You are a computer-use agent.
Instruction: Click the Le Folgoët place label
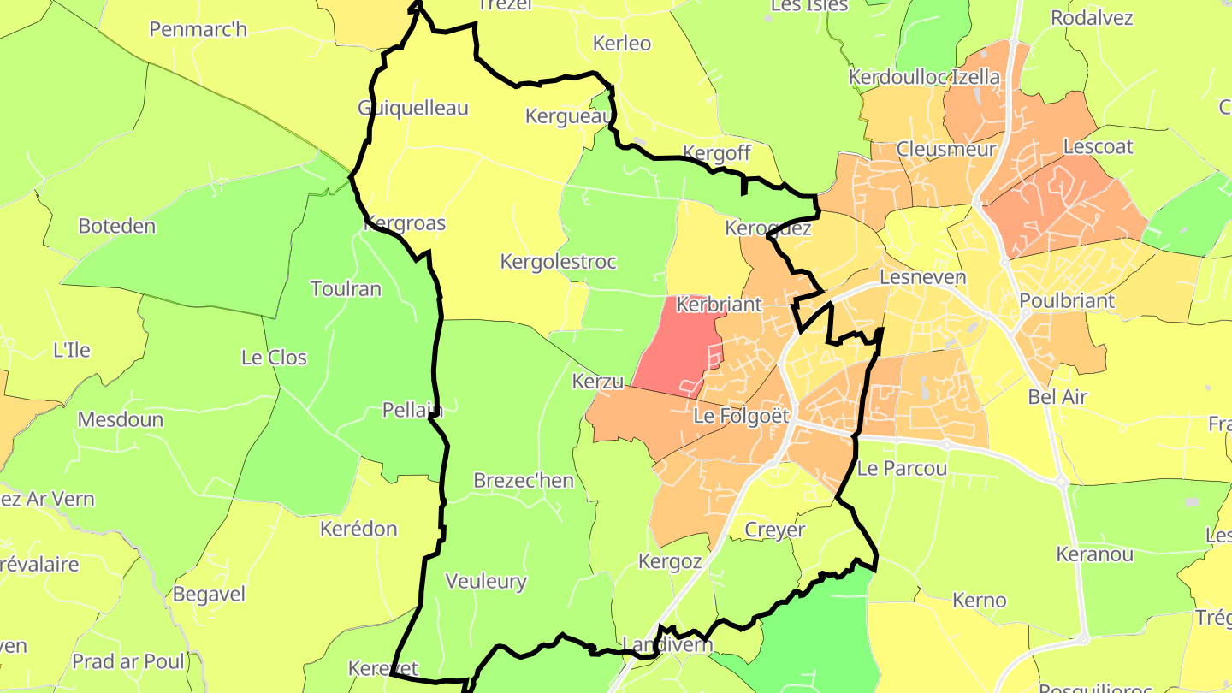[x=741, y=417]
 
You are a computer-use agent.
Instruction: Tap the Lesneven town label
[x=923, y=277]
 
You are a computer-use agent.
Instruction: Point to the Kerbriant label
[x=719, y=305]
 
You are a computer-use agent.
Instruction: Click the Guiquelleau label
[x=412, y=108]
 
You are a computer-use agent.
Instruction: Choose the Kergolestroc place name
[x=558, y=262]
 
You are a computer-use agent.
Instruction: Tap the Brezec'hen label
[x=524, y=481]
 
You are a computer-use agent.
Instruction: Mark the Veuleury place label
[x=486, y=582]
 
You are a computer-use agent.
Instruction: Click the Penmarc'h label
[x=198, y=29]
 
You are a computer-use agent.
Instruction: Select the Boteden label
[x=117, y=226]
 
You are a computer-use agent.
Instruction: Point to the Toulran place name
[x=346, y=288]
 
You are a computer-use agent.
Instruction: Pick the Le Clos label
[x=274, y=358]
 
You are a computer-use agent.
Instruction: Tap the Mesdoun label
[x=121, y=420]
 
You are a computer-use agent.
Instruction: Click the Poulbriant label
[x=1067, y=301]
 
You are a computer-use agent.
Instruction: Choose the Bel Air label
[x=1057, y=397]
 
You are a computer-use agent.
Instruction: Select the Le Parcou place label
[x=902, y=469]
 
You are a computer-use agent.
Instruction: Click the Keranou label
[x=1095, y=554]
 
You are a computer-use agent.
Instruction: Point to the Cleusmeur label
[x=946, y=150]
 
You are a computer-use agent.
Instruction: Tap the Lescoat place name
[x=1098, y=146]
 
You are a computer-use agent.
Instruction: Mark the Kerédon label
[x=358, y=529]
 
